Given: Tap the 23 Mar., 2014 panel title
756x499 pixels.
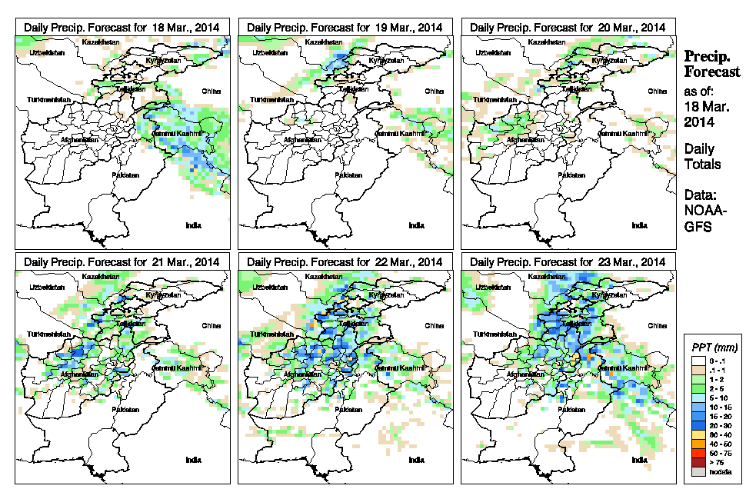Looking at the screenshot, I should click(568, 262).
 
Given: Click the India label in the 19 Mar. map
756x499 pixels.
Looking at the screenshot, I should click(416, 225).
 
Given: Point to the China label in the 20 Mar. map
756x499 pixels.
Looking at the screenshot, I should click(656, 91).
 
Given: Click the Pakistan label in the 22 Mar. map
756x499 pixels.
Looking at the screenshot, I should click(350, 410).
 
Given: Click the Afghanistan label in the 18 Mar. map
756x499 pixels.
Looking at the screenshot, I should click(80, 140).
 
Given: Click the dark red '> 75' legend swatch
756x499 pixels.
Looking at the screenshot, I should click(697, 462).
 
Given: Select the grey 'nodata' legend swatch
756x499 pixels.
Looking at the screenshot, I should click(697, 472).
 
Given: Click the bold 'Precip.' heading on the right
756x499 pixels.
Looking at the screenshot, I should click(708, 57).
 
